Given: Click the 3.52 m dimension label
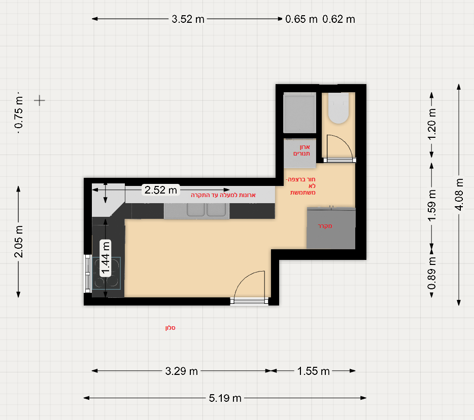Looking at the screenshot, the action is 188,19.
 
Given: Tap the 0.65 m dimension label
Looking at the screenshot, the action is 301,19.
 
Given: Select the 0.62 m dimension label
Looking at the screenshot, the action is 338,19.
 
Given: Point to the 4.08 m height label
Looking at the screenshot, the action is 459,195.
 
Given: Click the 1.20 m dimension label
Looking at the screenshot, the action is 432,124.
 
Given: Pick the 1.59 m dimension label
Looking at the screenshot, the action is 432,205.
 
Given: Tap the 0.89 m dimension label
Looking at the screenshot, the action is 432,273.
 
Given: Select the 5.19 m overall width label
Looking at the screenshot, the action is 225,398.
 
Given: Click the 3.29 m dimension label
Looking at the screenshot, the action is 181,371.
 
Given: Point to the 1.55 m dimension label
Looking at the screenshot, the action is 314,371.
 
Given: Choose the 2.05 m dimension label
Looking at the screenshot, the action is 18,241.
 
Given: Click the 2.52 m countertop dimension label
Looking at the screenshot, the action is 160,190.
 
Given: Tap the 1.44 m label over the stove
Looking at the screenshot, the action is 105,258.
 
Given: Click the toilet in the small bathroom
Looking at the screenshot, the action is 338,108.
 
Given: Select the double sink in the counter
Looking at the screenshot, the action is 206,210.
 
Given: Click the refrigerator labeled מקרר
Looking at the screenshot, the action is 331,228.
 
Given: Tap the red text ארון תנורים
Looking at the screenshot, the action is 301,150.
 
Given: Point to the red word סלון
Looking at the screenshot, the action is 170,328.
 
